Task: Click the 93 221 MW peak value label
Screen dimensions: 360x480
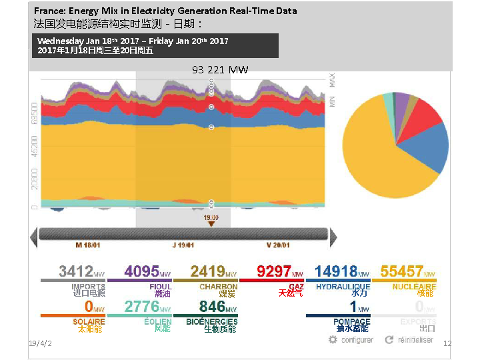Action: [x=219, y=69]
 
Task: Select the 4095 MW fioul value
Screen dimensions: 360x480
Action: [x=141, y=271]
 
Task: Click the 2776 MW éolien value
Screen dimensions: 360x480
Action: [x=142, y=307]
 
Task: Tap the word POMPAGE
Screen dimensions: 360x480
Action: [x=353, y=321]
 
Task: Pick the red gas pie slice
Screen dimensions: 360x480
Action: [x=423, y=114]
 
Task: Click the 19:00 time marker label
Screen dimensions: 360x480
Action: [x=211, y=217]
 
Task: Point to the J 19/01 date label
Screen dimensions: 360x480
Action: [x=183, y=245]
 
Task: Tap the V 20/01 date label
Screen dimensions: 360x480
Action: [x=278, y=245]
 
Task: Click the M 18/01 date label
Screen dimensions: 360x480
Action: [x=89, y=245]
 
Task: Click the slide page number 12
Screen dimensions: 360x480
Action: [x=447, y=343]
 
